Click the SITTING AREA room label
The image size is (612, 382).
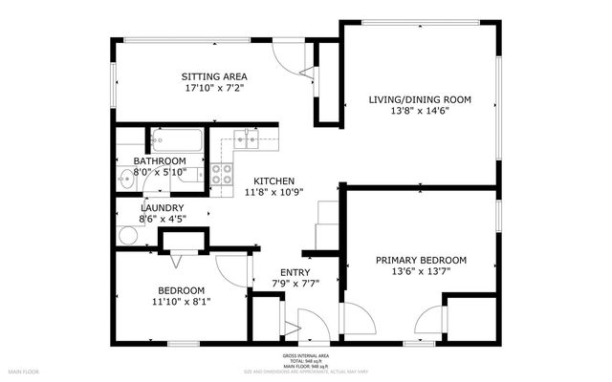point(215,75)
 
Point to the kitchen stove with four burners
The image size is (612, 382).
point(222,175)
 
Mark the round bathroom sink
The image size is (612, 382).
point(127,178)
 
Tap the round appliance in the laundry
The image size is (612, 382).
point(127,237)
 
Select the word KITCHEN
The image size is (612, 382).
point(273,181)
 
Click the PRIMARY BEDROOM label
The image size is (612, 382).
point(421,260)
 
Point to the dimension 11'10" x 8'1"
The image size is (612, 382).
point(182,302)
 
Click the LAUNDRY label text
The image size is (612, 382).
point(162,207)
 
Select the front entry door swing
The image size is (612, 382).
point(313,325)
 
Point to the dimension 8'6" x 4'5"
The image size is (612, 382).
point(162,219)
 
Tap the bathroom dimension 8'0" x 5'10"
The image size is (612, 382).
point(160,172)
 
